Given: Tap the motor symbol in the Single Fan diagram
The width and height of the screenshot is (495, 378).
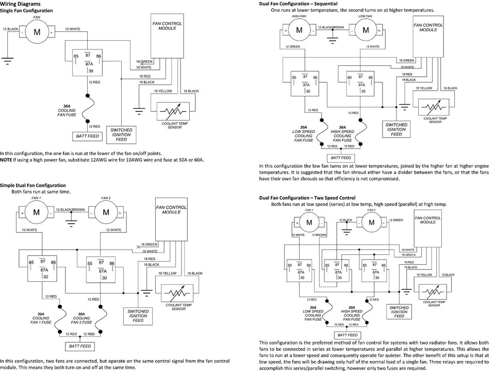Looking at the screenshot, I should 37,31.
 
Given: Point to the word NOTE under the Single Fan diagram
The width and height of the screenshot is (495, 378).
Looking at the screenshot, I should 6,160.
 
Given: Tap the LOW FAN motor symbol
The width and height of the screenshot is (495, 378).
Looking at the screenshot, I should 365,30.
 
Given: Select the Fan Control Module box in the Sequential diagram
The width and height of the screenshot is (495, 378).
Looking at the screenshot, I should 428,39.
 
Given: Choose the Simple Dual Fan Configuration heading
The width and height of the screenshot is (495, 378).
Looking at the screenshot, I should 33,185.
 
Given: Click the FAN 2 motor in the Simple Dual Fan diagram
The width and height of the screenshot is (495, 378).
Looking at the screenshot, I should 106,212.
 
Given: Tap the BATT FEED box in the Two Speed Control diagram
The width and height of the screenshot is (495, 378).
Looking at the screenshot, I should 345,334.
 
